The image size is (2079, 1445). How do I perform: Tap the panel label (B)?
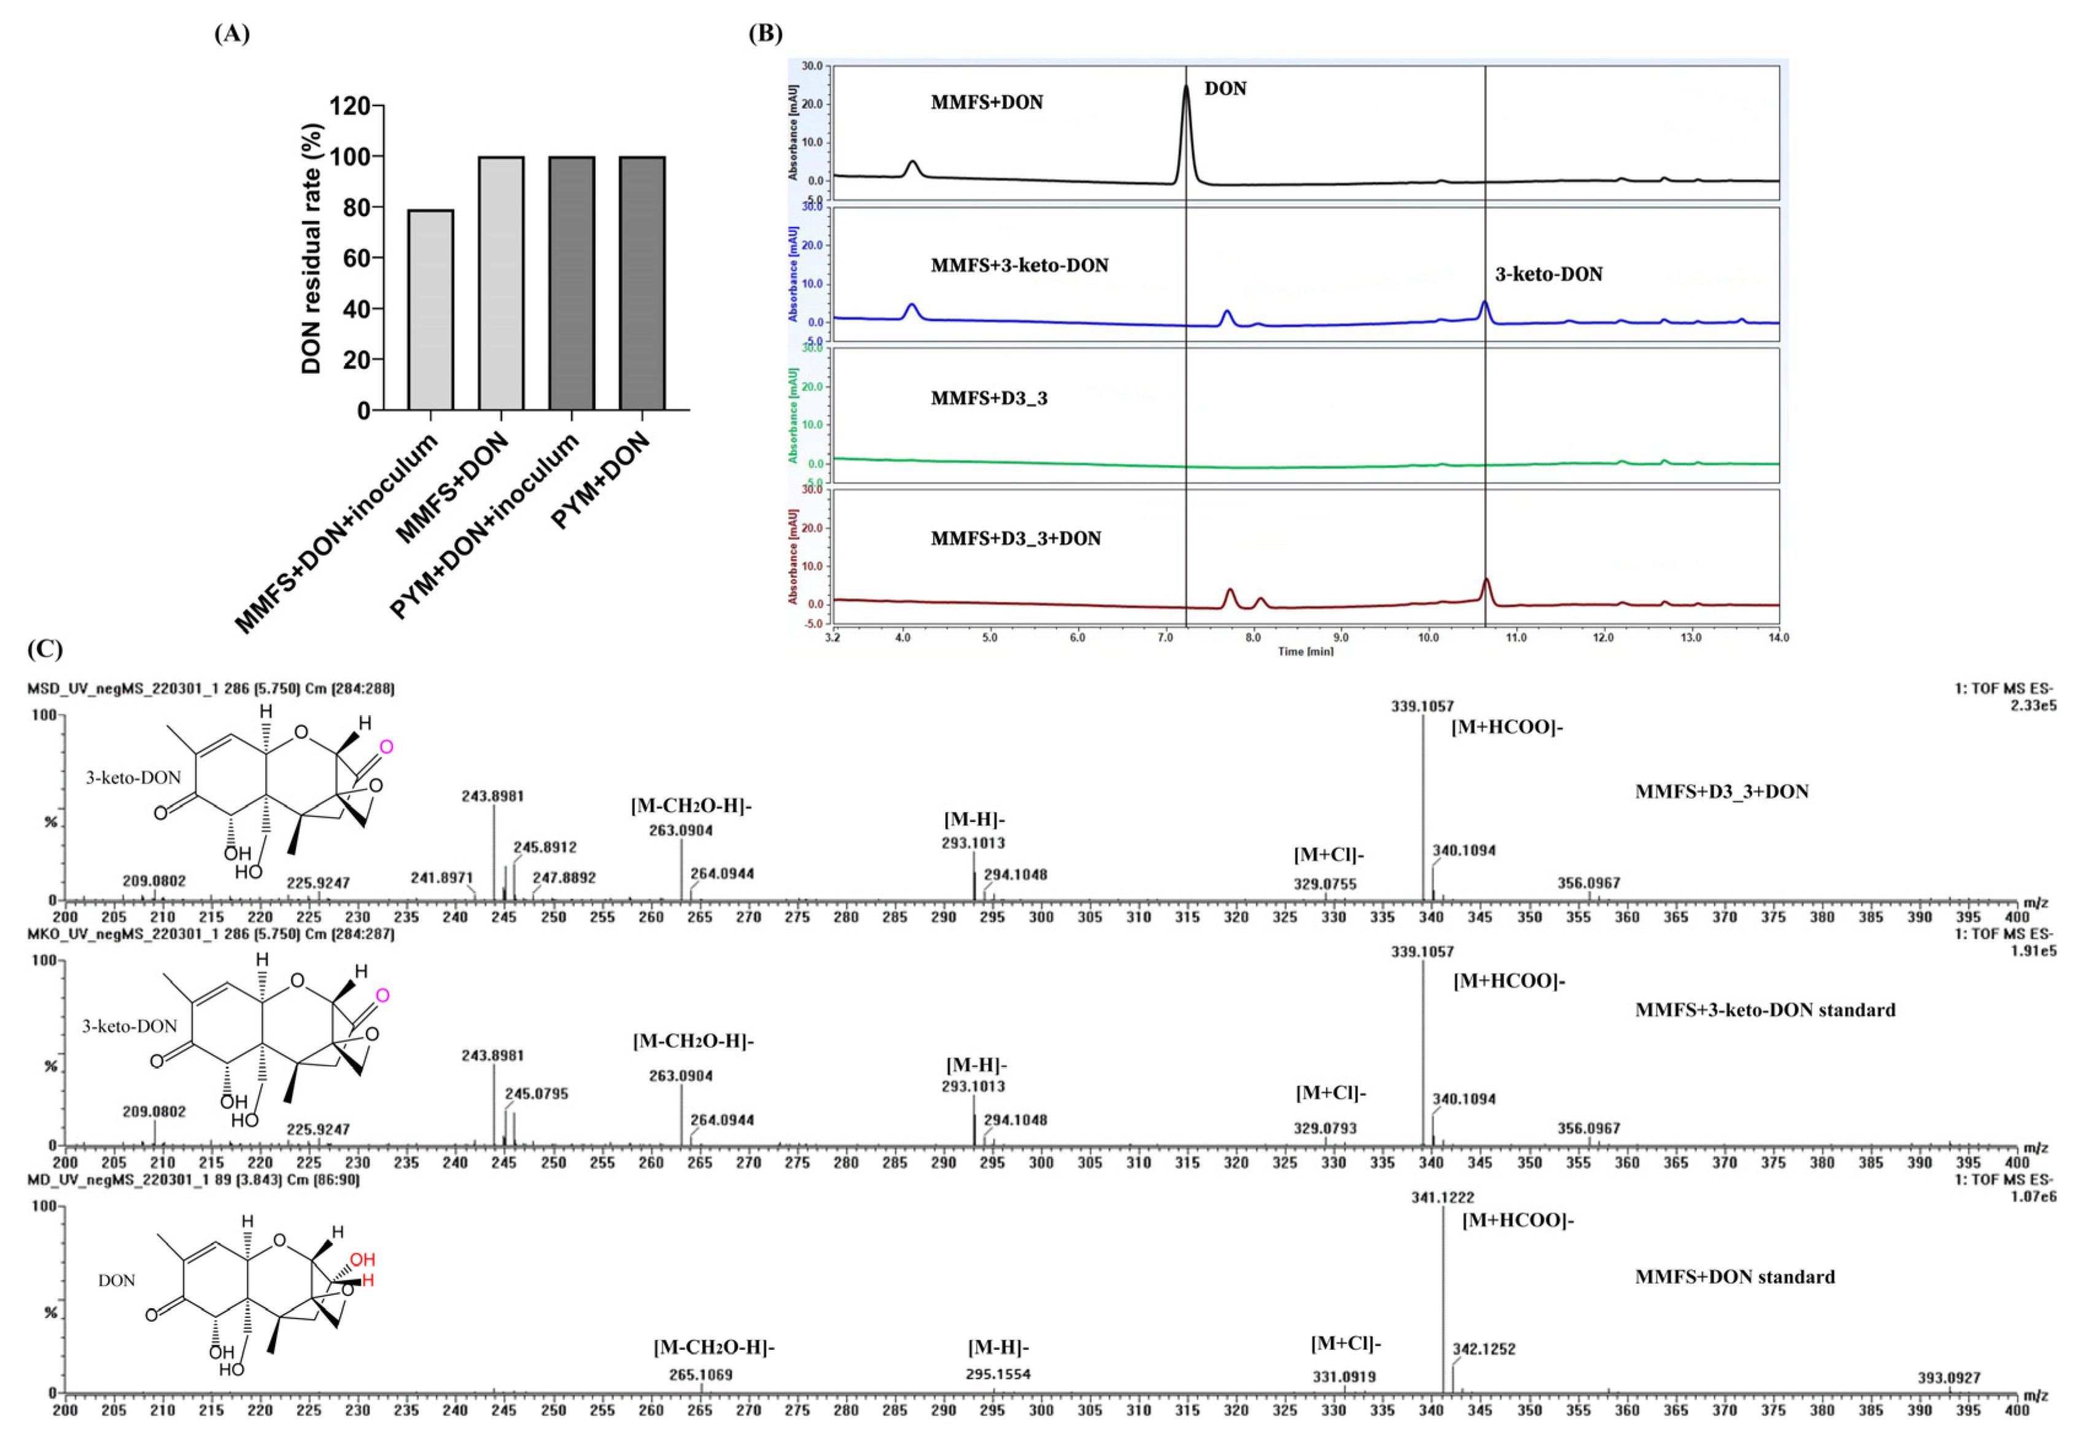click(765, 34)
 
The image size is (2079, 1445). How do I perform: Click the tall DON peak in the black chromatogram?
click(1186, 99)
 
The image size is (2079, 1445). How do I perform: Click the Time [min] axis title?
click(1305, 651)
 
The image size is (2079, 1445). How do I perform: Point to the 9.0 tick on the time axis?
click(1341, 637)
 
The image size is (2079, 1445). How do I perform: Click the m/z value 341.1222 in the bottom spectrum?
click(1442, 1197)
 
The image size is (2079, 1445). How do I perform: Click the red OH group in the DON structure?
click(362, 1260)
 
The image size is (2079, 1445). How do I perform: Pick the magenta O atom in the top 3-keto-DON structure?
click(387, 747)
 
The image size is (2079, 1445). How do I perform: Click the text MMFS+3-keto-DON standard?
click(1764, 1010)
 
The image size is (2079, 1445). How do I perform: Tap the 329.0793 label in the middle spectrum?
click(1324, 1128)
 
